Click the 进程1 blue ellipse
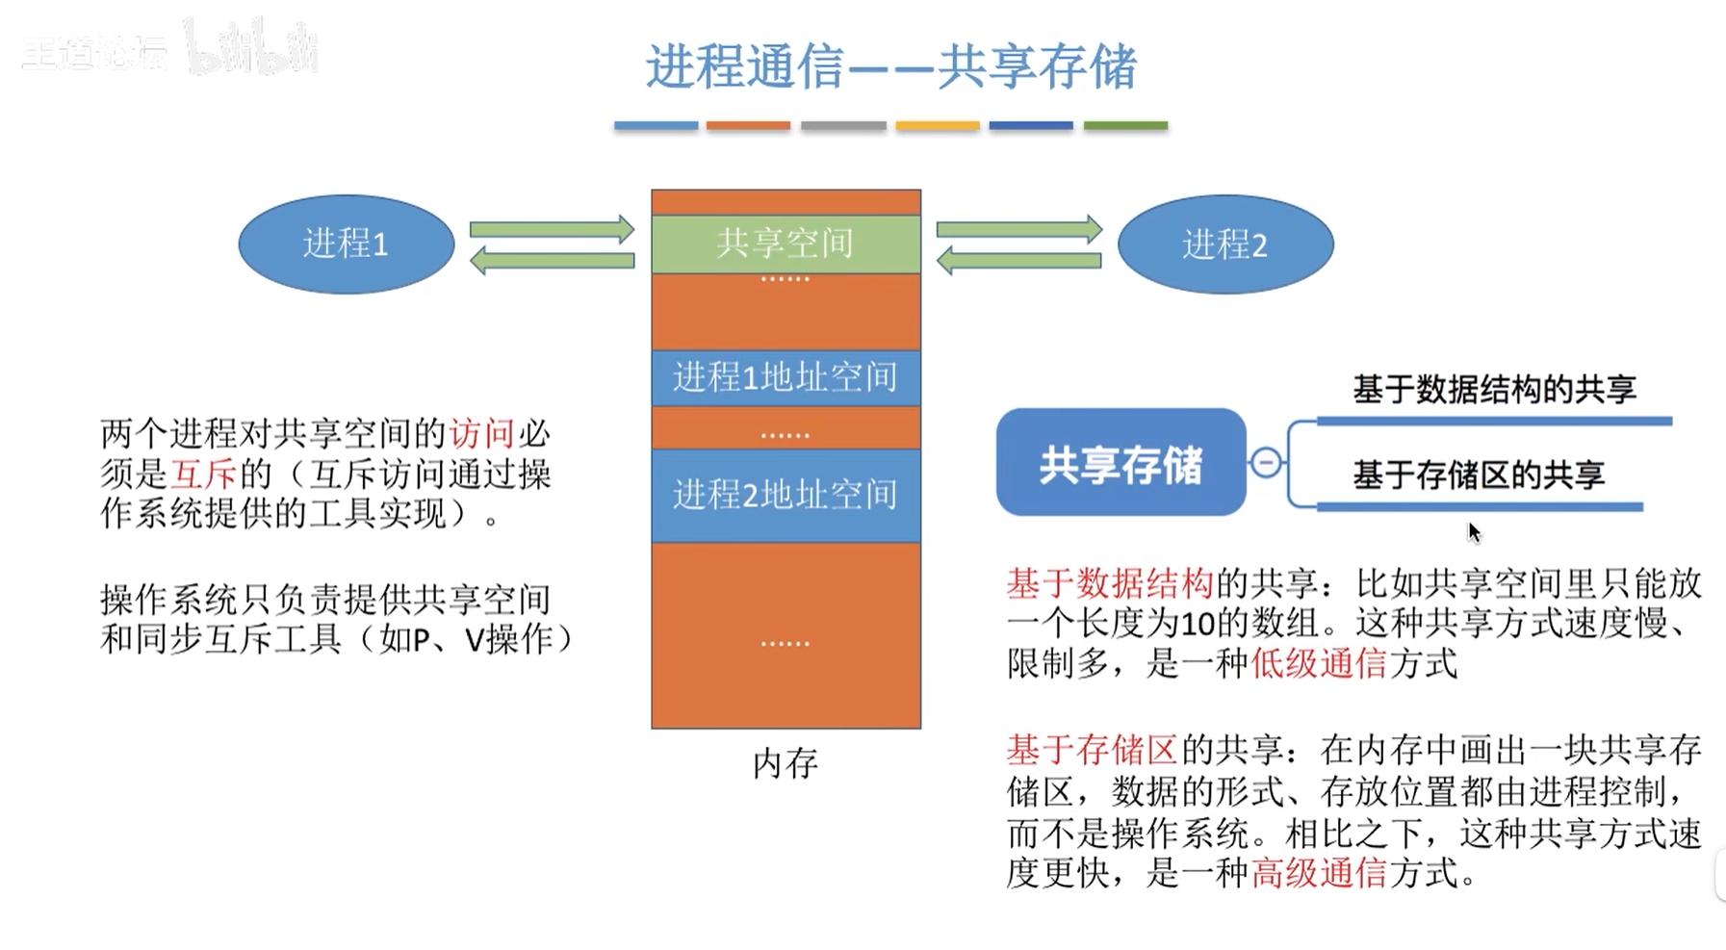point(346,244)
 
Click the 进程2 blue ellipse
point(1224,244)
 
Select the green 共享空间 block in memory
point(786,244)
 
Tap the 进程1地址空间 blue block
point(786,377)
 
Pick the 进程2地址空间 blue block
point(786,495)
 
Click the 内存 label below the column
point(786,763)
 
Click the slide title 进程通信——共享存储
point(890,66)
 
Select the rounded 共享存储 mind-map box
point(1121,463)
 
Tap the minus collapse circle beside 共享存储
point(1266,463)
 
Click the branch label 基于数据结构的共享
point(1494,390)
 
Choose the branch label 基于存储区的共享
point(1479,475)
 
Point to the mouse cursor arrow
point(1473,531)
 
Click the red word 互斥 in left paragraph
point(203,474)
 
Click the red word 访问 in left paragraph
point(481,434)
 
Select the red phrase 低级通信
point(1318,663)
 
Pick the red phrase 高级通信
point(1318,873)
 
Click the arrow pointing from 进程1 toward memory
point(552,230)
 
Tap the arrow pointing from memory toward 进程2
point(1018,230)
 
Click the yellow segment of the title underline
point(937,126)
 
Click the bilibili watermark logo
point(252,48)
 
